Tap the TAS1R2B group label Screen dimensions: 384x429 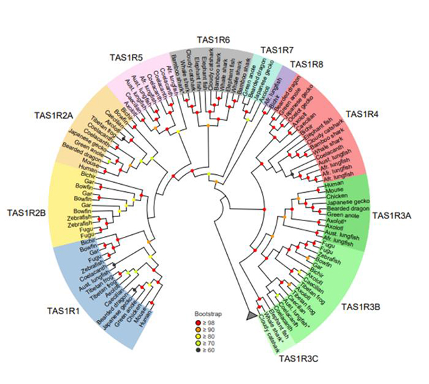[26, 213]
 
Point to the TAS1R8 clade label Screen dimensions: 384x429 [306, 65]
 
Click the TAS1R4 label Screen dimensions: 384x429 [363, 114]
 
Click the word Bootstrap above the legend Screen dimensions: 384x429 [205, 315]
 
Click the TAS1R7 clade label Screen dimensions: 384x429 [277, 50]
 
